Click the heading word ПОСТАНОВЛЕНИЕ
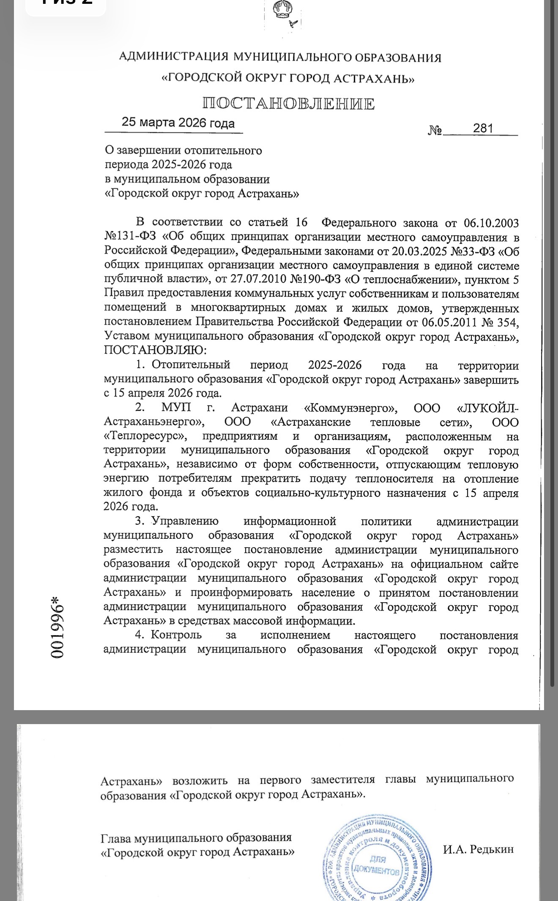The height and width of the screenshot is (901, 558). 288,104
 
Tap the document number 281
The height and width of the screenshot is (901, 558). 483,128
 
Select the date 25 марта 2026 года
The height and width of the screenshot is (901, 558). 178,123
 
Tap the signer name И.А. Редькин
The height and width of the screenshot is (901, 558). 478,849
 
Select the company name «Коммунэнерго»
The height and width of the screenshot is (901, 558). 350,408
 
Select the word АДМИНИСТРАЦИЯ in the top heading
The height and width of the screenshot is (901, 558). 174,57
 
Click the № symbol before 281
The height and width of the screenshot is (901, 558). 435,130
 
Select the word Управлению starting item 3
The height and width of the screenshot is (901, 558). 185,521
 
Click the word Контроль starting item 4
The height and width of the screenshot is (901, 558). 176,635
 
